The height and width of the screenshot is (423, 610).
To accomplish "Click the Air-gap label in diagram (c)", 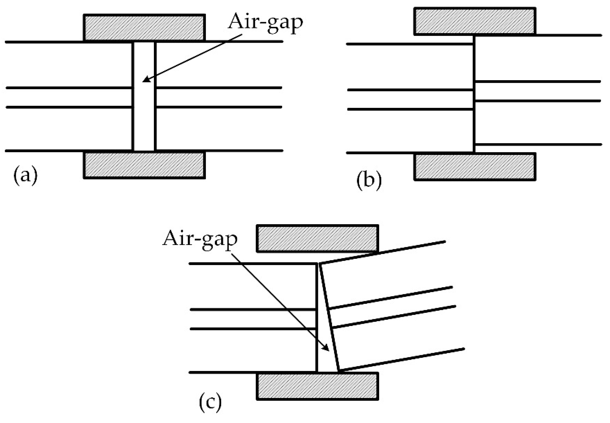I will click(x=200, y=239).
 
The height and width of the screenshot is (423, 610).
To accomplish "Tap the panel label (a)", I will click(x=26, y=175).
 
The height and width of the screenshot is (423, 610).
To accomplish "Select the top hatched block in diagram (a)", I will click(x=144, y=28).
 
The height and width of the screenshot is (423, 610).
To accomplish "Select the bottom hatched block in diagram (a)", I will click(x=144, y=165).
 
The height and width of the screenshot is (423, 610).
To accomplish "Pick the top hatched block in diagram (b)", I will click(x=475, y=21).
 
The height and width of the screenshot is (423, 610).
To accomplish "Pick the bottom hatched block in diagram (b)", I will click(x=475, y=167).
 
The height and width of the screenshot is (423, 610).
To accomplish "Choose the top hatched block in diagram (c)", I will click(x=317, y=238).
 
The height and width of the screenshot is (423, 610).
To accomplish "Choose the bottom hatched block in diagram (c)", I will click(x=317, y=386).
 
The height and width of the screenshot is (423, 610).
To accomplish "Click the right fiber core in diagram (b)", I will click(x=537, y=91).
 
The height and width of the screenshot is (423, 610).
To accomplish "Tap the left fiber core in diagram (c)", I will click(x=252, y=319).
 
